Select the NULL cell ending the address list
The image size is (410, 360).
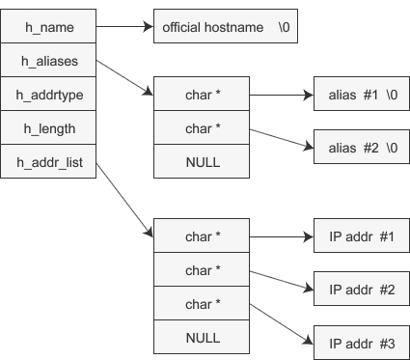point(203,337)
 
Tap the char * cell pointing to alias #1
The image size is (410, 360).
point(203,96)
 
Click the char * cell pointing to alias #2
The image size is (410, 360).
point(203,129)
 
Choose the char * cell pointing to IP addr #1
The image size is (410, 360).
point(203,236)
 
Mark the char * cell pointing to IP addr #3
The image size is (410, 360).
point(203,303)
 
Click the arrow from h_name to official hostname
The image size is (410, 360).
point(123,26)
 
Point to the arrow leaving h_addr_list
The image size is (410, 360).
point(123,198)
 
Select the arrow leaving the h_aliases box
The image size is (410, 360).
point(123,77)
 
